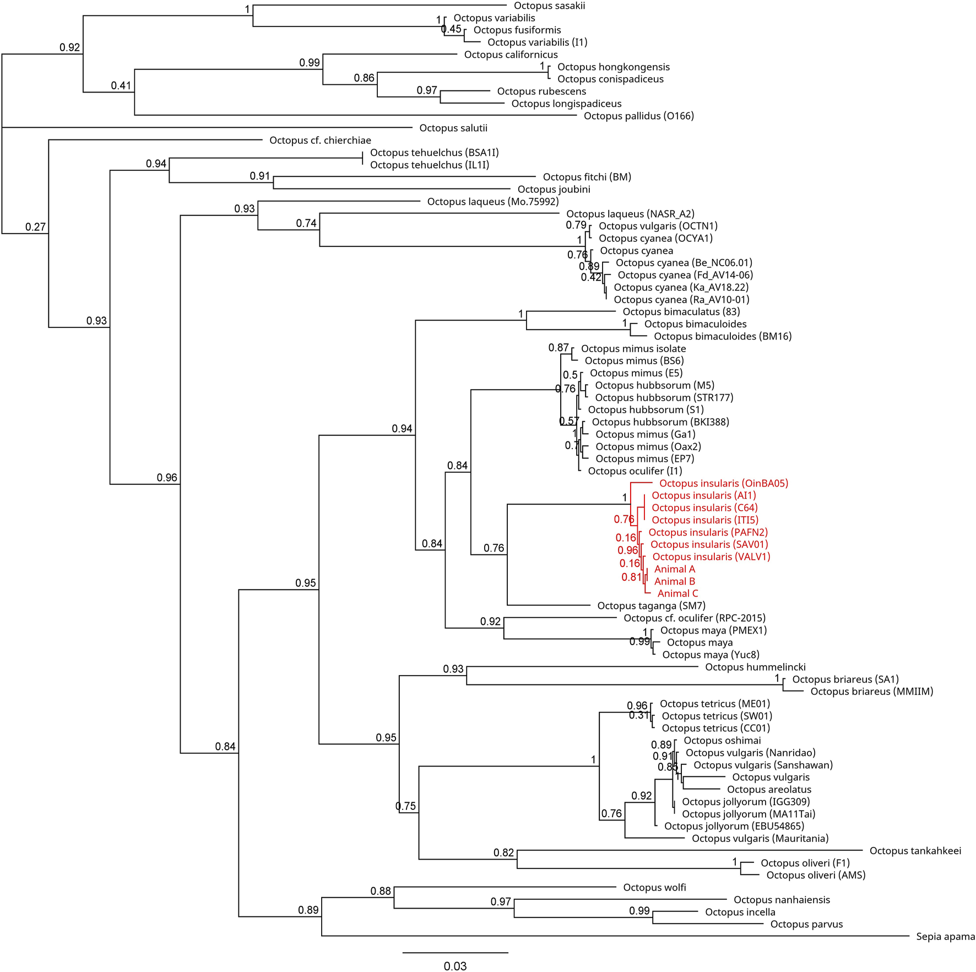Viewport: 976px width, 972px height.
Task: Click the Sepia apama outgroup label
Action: coord(945,937)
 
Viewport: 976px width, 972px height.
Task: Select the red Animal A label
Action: coord(674,569)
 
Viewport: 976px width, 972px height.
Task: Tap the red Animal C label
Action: coord(677,593)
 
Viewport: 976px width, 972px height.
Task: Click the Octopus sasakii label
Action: coord(549,6)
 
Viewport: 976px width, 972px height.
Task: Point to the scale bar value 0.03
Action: coord(455,965)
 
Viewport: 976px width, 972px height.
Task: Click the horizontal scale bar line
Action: coord(455,953)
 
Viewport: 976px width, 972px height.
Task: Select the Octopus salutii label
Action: coord(453,128)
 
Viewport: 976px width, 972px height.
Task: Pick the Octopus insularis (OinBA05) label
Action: coord(723,483)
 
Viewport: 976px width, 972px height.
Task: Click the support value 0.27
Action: coord(35,227)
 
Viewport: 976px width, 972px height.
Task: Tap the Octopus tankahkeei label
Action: coord(915,851)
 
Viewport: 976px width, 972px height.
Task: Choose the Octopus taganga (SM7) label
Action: coord(651,606)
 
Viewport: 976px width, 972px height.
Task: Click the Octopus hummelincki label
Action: coord(755,667)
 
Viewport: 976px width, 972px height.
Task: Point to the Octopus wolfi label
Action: coord(654,888)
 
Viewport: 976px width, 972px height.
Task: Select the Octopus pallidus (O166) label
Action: coord(638,116)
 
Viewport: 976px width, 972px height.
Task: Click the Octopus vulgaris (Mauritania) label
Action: coord(760,839)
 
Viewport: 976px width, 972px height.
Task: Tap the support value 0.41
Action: coord(121,85)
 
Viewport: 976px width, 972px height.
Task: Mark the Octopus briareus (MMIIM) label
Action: coord(871,692)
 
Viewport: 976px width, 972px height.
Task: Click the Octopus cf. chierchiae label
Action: coord(320,141)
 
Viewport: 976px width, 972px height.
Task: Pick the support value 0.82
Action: coord(503,853)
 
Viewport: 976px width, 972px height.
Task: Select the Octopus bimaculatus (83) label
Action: coord(681,312)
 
